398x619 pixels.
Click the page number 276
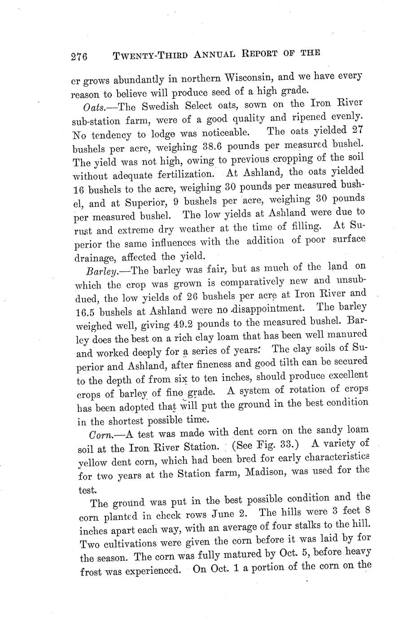81,57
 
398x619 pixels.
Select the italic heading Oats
93,107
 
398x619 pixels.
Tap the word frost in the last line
91,572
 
